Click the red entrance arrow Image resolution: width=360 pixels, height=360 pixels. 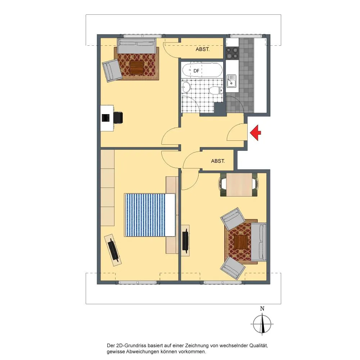[255, 133]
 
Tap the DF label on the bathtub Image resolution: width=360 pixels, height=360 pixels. [196, 71]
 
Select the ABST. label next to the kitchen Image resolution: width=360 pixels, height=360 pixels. [202, 49]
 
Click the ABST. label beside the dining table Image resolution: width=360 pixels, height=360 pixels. [218, 161]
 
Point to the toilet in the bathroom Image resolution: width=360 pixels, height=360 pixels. [216, 90]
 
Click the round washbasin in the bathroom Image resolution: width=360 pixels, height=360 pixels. [186, 87]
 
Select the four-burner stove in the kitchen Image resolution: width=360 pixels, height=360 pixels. [232, 53]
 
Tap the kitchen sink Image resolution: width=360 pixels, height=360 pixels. [231, 81]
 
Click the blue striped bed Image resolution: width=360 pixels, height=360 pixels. [150, 215]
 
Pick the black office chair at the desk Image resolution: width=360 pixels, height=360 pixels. [118, 117]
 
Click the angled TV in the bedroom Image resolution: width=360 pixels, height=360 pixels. [113, 250]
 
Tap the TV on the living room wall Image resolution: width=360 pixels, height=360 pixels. [185, 240]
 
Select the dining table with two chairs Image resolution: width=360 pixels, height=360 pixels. [239, 185]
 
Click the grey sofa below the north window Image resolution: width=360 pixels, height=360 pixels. [137, 46]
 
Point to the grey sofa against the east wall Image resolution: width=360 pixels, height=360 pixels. [258, 242]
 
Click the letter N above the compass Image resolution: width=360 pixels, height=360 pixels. [262, 309]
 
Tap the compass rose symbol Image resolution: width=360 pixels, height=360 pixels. [262, 324]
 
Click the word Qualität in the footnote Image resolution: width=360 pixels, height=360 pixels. [258, 346]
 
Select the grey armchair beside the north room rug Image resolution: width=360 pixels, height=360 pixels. [112, 71]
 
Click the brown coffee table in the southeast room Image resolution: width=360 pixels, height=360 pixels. [241, 242]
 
